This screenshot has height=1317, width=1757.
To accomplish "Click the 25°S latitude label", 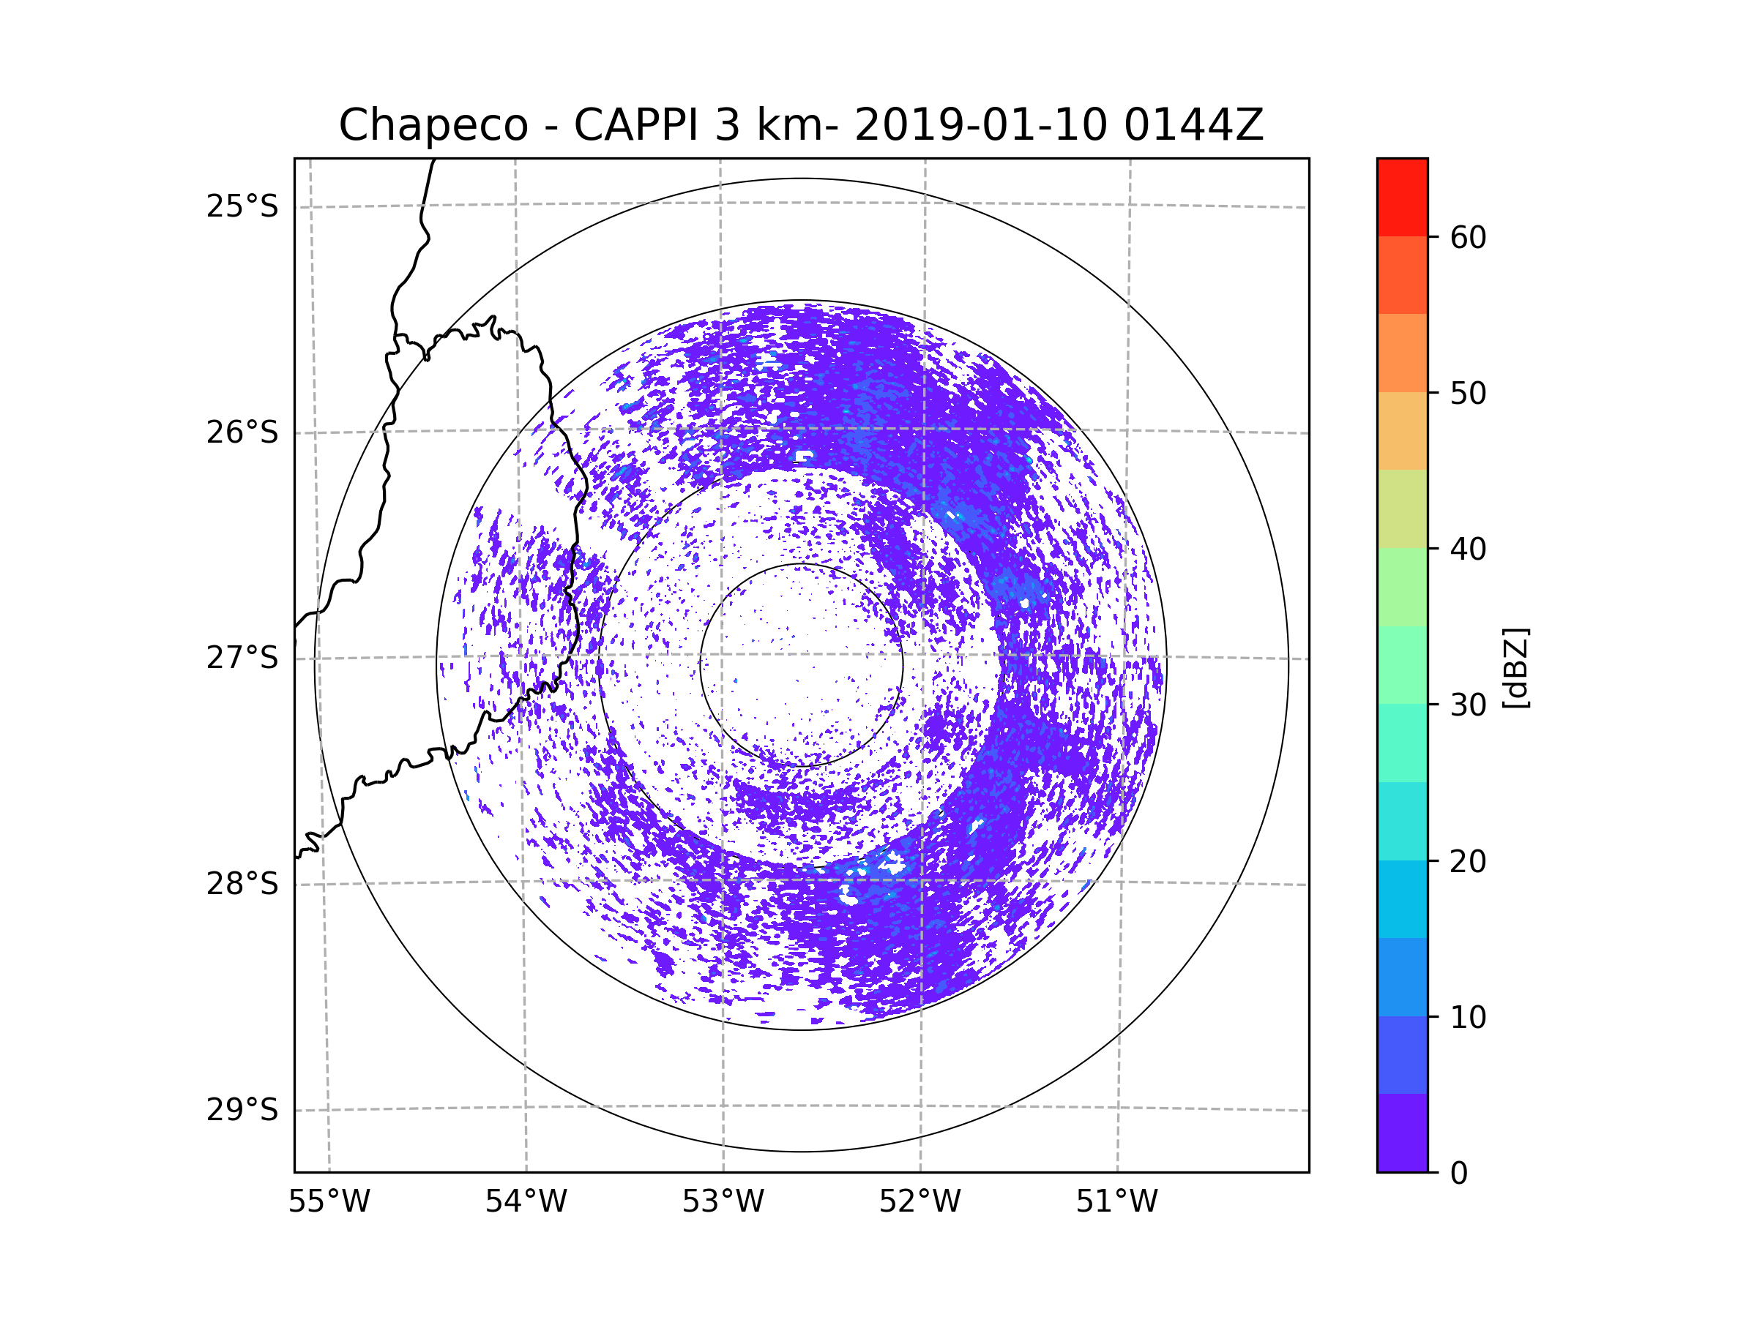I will [x=242, y=206].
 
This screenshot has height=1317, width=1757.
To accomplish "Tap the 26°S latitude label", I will [x=242, y=432].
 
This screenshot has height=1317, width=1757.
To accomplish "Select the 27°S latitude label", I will [x=242, y=658].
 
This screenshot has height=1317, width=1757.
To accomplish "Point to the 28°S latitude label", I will [x=242, y=884].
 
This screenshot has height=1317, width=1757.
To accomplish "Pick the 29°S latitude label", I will [x=242, y=1110].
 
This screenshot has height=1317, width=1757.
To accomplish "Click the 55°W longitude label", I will [x=329, y=1202].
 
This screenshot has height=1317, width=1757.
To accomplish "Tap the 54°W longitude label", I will [x=526, y=1202].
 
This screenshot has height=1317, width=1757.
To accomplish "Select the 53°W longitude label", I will [x=723, y=1202].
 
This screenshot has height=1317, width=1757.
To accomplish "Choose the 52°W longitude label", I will [x=919, y=1202].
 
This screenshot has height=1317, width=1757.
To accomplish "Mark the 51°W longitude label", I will [x=1116, y=1202].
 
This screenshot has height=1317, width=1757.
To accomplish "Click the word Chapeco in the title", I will [x=433, y=125].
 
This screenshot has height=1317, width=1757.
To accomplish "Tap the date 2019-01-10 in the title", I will [x=980, y=125].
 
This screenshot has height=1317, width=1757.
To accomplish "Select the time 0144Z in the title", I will [x=1193, y=125].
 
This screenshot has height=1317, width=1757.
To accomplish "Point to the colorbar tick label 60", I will [x=1468, y=237].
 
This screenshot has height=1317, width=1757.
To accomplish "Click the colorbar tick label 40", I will [x=1468, y=549].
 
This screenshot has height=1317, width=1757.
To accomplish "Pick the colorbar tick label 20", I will [x=1468, y=861].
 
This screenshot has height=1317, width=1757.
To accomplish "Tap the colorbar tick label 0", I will [x=1459, y=1174].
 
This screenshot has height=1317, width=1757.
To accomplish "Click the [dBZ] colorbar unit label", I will [x=1515, y=667].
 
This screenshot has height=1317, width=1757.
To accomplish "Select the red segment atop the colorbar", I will [x=1402, y=197].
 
